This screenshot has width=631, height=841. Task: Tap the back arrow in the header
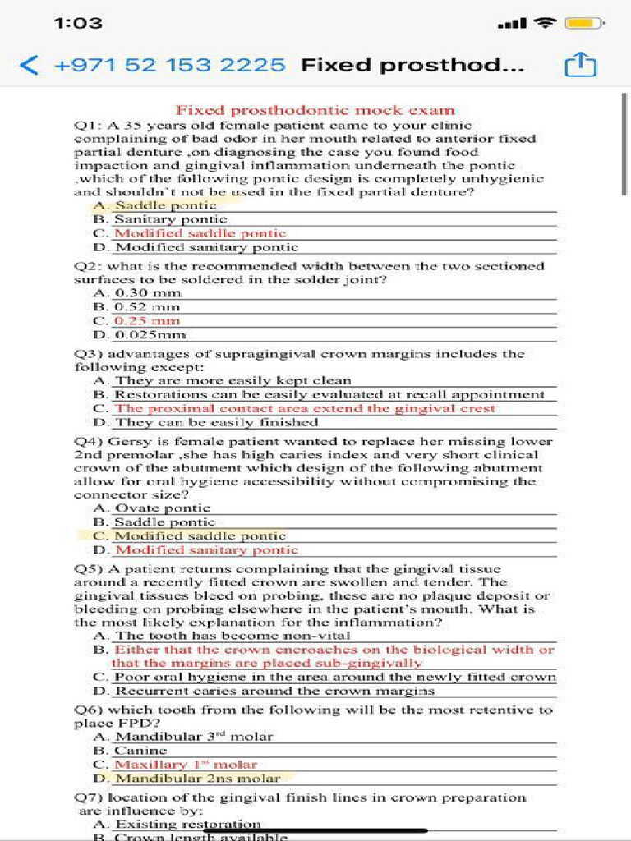(29, 65)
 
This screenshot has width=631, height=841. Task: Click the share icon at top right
(579, 65)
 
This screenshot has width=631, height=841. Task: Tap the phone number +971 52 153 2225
(169, 65)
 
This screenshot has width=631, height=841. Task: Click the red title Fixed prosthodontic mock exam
(315, 110)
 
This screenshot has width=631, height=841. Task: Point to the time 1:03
(78, 23)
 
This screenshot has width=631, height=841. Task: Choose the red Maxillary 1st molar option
(185, 764)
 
